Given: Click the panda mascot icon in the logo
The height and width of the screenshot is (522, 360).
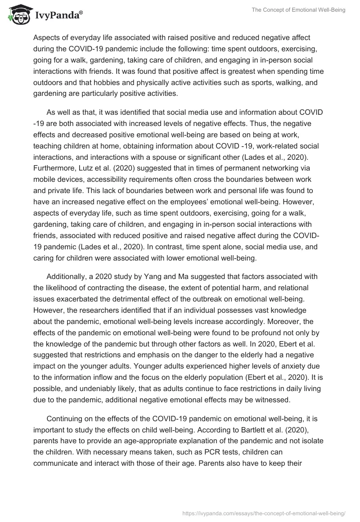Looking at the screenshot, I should [17, 14].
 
